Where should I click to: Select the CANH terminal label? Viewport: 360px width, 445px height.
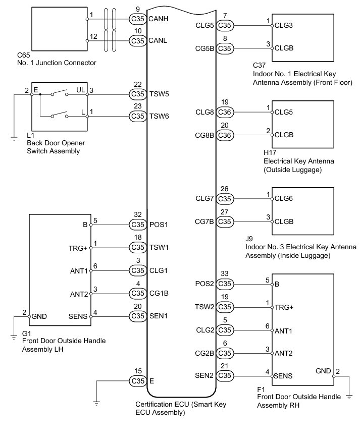coord(158,19)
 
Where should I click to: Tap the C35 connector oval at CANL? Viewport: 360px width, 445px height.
coord(137,40)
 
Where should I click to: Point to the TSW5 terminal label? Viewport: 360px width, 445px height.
coord(159,93)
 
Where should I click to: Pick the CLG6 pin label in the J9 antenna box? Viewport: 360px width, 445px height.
coord(284,198)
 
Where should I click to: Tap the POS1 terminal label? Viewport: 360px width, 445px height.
coord(159,225)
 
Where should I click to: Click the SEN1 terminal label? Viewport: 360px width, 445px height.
coord(159,316)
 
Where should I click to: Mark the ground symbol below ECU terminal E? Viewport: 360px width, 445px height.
coord(96,403)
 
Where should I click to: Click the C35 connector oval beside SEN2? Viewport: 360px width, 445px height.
coord(225,376)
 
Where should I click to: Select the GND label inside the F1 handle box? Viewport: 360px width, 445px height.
coord(323,370)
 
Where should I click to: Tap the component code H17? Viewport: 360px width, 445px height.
coord(270,153)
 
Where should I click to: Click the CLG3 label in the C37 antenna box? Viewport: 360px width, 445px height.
coord(284,25)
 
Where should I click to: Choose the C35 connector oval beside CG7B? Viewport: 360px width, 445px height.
coord(225,221)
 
